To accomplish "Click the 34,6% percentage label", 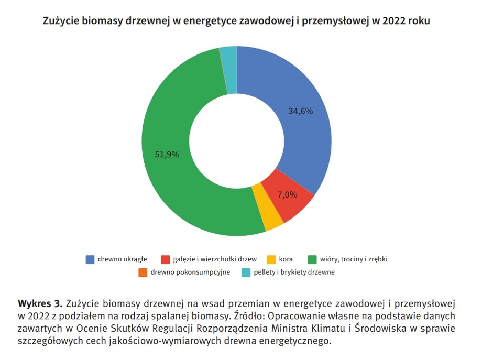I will click(x=301, y=111).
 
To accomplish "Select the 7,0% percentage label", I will click(x=287, y=194).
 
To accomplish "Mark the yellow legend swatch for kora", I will click(x=271, y=259).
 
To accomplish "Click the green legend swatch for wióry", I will click(x=312, y=259).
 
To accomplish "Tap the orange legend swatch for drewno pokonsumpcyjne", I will click(x=143, y=272).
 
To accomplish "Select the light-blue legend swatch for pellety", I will click(x=246, y=272).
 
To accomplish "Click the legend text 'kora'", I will click(x=286, y=259).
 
